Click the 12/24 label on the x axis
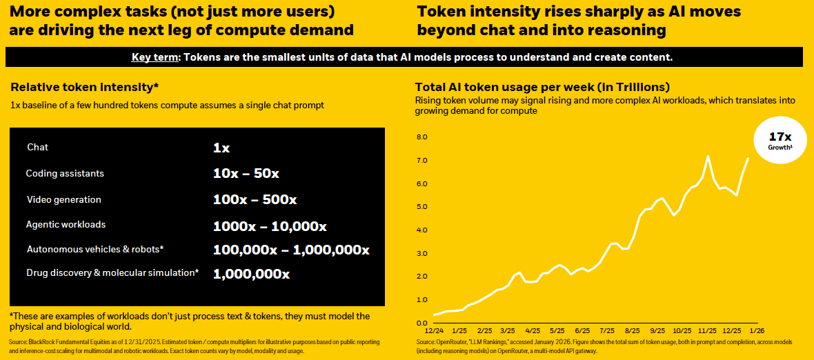[434, 330]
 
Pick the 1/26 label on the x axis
[757, 330]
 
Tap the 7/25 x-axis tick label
[608, 330]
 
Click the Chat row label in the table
[38, 148]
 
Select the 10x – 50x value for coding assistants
[246, 174]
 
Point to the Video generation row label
[64, 200]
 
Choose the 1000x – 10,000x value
[270, 226]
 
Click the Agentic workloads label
[66, 225]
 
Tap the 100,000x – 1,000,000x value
[292, 250]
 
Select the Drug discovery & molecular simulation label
[112, 273]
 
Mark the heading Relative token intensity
[85, 88]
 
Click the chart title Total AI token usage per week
[542, 88]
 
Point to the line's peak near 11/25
[708, 157]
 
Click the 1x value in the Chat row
[221, 148]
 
